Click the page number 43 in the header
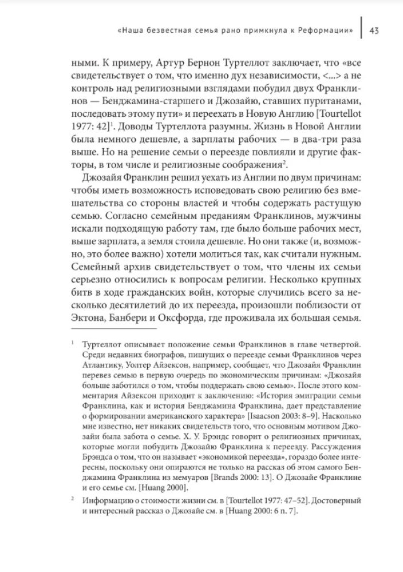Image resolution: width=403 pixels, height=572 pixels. click(376, 30)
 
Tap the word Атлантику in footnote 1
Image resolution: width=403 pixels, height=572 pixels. click(104, 366)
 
